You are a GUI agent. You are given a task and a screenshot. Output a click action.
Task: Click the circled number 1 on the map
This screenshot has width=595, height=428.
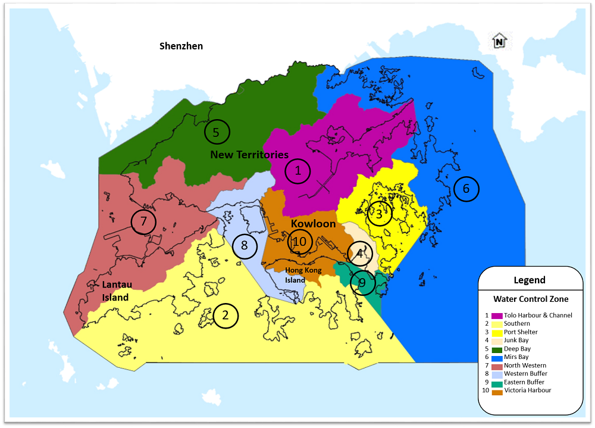298,171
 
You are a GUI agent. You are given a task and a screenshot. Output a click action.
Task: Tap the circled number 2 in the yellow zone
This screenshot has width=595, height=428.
225,315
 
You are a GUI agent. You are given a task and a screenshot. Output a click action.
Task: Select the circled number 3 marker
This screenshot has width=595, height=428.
379,214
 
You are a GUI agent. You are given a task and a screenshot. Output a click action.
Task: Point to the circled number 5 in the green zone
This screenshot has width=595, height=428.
217,132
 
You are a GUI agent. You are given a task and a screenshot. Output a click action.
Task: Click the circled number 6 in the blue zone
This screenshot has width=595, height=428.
466,189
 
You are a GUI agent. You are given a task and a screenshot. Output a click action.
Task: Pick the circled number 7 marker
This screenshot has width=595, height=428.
143,222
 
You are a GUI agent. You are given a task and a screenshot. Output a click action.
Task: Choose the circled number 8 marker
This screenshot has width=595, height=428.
244,245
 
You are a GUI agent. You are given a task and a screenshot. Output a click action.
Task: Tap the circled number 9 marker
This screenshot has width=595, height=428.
362,283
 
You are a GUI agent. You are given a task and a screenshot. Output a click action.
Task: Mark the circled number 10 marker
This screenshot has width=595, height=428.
299,242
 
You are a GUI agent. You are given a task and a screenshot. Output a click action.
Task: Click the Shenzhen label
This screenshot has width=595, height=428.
181,46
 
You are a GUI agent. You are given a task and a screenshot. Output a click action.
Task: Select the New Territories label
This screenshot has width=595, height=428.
249,155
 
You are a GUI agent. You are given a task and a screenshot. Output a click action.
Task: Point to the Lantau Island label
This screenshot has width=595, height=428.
115,291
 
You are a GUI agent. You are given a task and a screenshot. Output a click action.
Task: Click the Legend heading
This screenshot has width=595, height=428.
530,280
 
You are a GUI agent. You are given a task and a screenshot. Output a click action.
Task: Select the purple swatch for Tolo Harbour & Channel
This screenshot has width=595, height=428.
496,315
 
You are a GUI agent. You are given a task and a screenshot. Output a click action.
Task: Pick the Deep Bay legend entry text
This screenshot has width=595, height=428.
517,349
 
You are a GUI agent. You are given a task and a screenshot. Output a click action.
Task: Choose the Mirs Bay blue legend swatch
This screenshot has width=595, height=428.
496,357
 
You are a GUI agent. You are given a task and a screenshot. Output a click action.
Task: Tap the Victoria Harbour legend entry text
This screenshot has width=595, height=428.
527,390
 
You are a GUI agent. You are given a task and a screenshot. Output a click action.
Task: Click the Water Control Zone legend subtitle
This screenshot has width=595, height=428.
530,299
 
